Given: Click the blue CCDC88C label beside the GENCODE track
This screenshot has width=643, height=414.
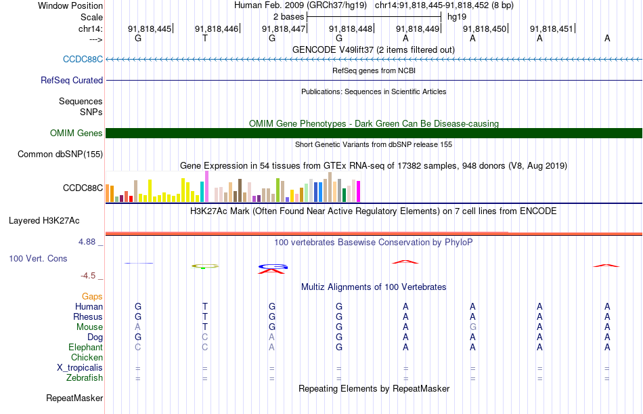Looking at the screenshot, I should tap(83, 59).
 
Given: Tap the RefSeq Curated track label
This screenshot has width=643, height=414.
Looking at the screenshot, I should tap(72, 80).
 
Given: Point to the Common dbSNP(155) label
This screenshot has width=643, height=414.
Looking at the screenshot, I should tap(60, 154).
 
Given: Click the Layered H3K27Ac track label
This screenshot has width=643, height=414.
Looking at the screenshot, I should tap(44, 220).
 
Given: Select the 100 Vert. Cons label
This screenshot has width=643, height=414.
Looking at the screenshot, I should tap(38, 259).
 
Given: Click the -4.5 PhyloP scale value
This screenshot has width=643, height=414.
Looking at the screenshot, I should tap(89, 276).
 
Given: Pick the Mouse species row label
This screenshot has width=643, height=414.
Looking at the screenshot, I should tap(89, 327).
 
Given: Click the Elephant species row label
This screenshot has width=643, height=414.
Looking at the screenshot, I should tap(86, 348).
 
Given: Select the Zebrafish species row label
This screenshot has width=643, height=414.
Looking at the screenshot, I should tap(85, 378).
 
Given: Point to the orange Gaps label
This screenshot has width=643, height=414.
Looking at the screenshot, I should tap(92, 297).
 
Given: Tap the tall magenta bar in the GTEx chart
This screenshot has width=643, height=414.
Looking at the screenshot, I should tap(206, 187).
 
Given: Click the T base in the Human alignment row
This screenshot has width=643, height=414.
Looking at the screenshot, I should tap(205, 307).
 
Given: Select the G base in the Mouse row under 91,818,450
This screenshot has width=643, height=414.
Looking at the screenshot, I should tap(472, 327).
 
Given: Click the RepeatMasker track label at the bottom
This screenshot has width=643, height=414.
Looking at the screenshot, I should tap(74, 398).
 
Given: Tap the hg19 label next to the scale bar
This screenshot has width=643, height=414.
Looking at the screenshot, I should tap(457, 16).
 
